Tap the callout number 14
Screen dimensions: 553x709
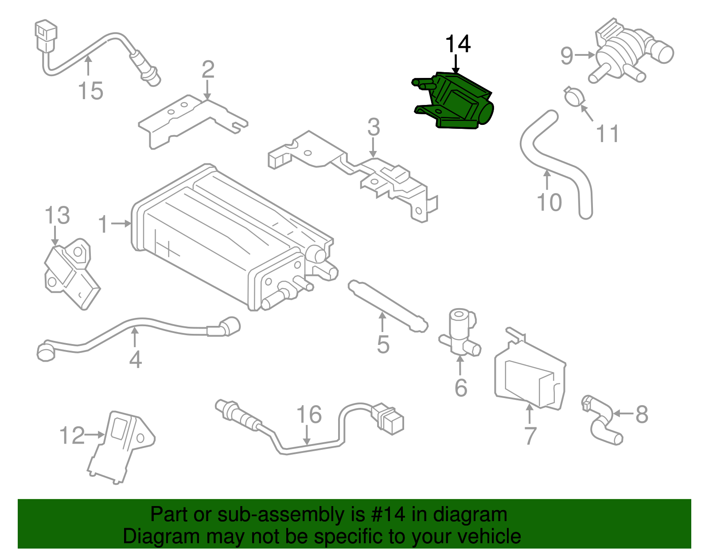(x=457, y=44)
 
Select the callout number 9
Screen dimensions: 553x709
(x=567, y=56)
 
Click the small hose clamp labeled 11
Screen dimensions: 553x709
(x=574, y=97)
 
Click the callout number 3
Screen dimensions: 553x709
(x=374, y=128)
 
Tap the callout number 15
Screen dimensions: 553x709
(x=90, y=91)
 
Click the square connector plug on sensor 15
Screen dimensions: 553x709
(x=46, y=33)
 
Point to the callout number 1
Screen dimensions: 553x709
(x=103, y=224)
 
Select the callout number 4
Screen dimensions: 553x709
(x=135, y=360)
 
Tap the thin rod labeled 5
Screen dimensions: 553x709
(x=388, y=306)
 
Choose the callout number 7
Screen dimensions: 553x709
(x=530, y=436)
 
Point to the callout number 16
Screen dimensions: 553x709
(x=308, y=415)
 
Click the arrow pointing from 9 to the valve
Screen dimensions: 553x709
(x=585, y=55)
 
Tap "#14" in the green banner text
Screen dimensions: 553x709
(x=386, y=514)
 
